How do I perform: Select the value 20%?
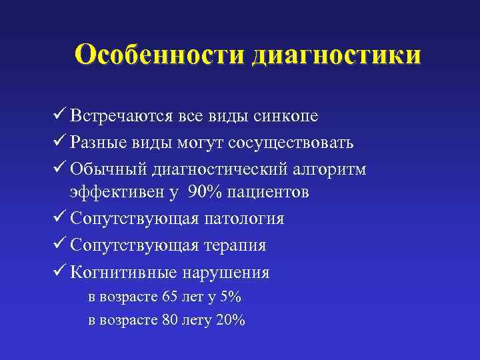tap(231, 320)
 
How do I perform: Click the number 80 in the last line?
tap(171, 320)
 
